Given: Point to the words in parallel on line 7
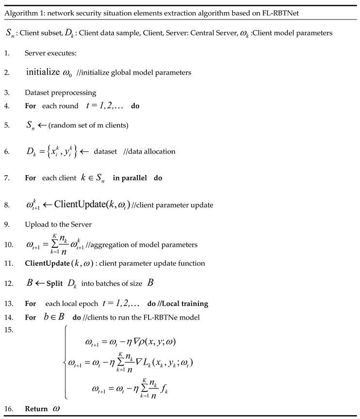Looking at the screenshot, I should pos(130,178).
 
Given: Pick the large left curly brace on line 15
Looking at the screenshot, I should pos(66,362).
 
